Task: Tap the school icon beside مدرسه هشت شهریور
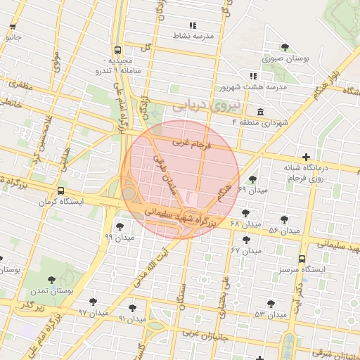point(253,76)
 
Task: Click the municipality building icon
point(261,112)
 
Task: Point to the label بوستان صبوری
point(286,58)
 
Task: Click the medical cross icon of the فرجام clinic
point(305,157)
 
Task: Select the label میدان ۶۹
point(253,191)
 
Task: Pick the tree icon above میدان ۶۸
point(245,214)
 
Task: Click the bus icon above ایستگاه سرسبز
point(302,259)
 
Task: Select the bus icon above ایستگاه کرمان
point(61,191)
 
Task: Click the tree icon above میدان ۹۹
point(120,226)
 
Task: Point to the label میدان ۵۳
point(271,314)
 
